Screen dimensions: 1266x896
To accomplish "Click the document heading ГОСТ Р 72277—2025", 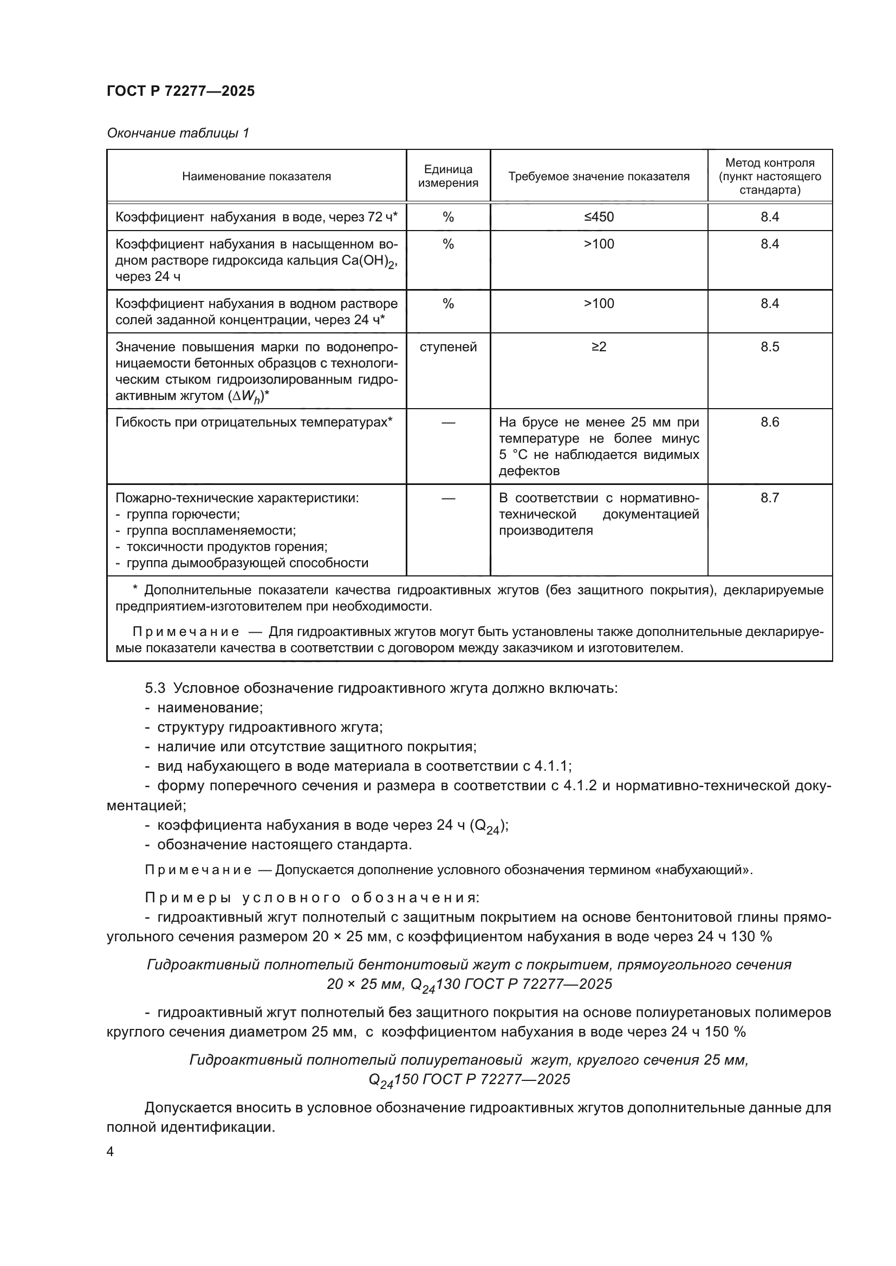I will pos(180,91).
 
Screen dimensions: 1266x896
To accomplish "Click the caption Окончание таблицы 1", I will pos(178,133).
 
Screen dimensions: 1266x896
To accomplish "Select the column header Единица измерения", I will pos(447,176).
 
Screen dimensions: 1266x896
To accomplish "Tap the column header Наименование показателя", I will pos(256,176).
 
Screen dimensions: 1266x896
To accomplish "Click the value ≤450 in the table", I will pos(599,217).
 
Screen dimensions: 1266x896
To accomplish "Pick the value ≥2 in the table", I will pos(599,347).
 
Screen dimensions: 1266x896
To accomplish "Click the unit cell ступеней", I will pos(447,347).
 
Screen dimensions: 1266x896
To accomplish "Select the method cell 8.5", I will pos(769,347).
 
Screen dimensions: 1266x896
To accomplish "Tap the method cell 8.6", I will pos(769,422).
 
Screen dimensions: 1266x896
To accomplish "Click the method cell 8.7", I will pos(769,498).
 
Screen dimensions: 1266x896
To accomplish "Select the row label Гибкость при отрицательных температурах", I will pos(253,422).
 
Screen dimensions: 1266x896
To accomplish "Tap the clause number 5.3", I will pos(155,688).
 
